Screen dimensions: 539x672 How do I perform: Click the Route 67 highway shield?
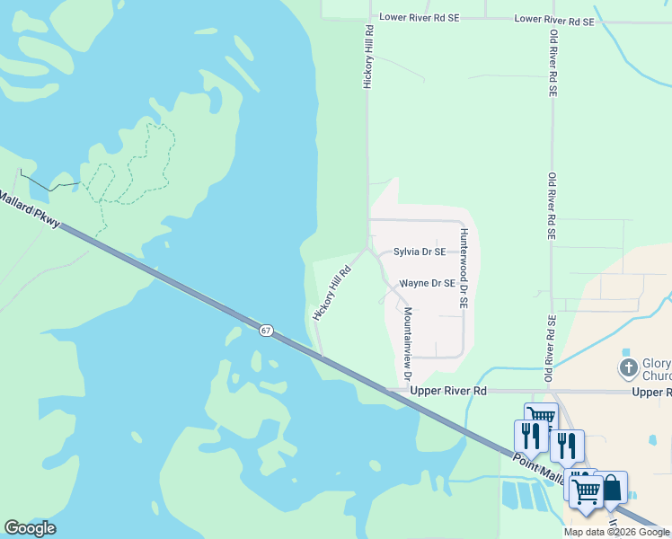266,331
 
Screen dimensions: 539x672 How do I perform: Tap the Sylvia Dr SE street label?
420,252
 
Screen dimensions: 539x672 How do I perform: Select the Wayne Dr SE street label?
428,283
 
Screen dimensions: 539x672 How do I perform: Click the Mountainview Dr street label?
406,343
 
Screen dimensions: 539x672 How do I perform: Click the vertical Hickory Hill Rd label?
367,56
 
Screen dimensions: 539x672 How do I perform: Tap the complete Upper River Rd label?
448,392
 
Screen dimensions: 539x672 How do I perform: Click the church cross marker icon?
629,367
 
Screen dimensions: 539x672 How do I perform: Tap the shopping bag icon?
611,488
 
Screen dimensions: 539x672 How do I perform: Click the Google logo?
30,528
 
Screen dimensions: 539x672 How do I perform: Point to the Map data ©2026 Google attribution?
616,532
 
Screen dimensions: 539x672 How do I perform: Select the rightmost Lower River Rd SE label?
554,20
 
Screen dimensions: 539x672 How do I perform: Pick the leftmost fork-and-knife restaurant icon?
530,436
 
